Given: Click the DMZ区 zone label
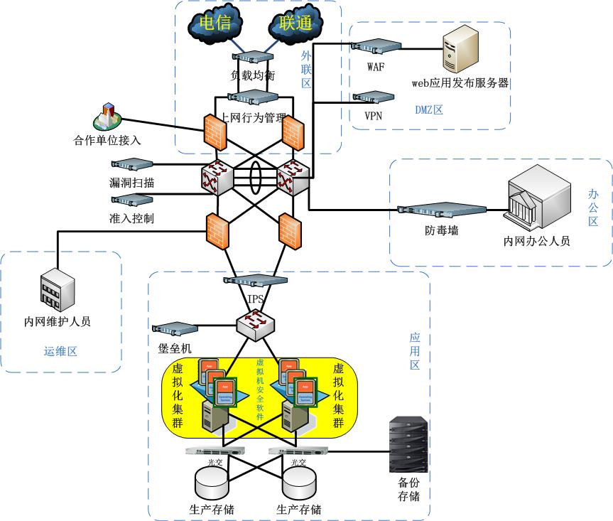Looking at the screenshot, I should [429, 109].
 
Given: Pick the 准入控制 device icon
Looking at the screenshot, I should [131, 199].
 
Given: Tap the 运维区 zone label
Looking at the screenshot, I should [60, 350].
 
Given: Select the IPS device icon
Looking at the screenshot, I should [256, 280].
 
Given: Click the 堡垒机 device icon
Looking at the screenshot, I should [175, 328].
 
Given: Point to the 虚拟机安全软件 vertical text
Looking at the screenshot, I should [259, 390].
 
